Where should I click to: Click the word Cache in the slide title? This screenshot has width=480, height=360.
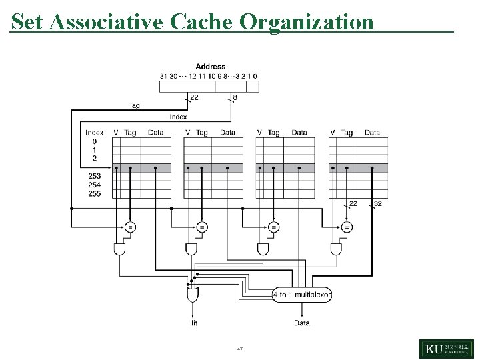201,21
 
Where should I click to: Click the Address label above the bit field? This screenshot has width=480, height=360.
210,67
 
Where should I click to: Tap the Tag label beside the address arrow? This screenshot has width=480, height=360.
134,105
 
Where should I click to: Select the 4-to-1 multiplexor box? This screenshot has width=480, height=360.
302,294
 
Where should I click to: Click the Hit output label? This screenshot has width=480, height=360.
193,323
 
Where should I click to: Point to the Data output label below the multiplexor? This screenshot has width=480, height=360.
301,323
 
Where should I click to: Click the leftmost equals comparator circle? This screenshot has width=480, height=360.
131,227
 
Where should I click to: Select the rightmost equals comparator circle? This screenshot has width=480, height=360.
347,227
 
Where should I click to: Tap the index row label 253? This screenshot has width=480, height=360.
94,176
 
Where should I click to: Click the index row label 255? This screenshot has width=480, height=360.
94,193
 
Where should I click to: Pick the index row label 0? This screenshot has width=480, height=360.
94,141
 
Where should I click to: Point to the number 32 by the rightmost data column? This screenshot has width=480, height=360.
378,204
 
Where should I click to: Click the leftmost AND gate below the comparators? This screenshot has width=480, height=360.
119,249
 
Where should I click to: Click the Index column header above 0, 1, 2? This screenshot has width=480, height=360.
94,133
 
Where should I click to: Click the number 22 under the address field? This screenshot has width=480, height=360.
194,97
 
